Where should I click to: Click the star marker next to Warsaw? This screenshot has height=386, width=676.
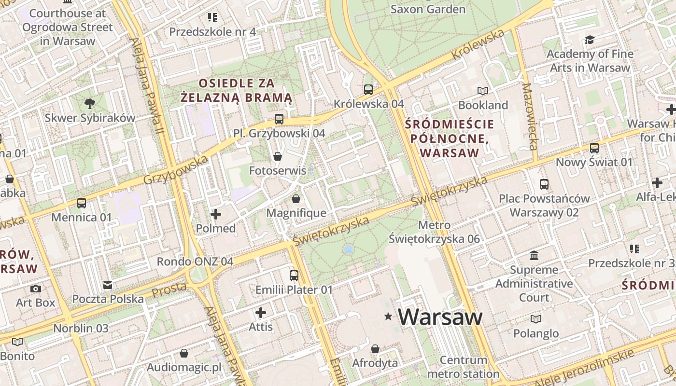click(388, 317)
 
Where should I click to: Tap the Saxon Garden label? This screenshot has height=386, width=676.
click(427, 9)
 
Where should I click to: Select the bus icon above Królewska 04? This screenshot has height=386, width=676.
click(368, 89)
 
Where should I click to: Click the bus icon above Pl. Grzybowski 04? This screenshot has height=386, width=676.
click(279, 119)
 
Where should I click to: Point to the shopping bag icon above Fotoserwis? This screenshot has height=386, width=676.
click(278, 156)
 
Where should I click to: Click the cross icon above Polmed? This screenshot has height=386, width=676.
click(216, 214)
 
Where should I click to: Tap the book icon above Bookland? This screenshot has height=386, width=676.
click(483, 91)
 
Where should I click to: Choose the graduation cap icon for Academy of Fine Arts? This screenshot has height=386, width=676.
click(590, 40)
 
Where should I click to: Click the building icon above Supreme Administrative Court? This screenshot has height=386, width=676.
click(534, 255)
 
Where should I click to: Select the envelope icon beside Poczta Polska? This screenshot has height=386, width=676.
click(108, 285)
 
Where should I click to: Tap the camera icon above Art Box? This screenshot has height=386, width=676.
click(36, 289)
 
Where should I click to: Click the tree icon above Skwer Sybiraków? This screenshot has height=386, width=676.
click(89, 103)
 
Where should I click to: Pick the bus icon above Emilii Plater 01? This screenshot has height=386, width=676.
click(294, 276)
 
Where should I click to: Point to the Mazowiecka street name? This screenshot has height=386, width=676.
click(529, 116)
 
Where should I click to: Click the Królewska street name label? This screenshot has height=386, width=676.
click(478, 45)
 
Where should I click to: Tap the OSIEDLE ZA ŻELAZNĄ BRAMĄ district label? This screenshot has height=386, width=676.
click(237, 90)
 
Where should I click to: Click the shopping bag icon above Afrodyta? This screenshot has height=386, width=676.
click(375, 349)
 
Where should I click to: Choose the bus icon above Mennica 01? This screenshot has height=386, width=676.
click(82, 203)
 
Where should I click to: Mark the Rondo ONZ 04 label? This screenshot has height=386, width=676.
click(195, 262)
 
